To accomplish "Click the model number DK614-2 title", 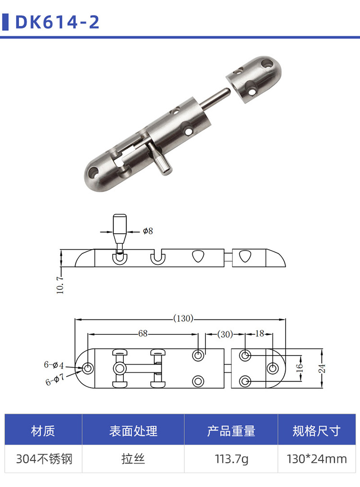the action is point(57,22).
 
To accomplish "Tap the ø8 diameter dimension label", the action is point(148,231).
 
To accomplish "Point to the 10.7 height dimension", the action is point(60,284).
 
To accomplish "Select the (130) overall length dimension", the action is point(183,319).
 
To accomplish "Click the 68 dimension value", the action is point(143,333).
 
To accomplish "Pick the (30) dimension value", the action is point(225,334).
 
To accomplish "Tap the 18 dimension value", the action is point(260,333).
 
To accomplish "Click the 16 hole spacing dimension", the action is point(299,368).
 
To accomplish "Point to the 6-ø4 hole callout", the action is point(54,365).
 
